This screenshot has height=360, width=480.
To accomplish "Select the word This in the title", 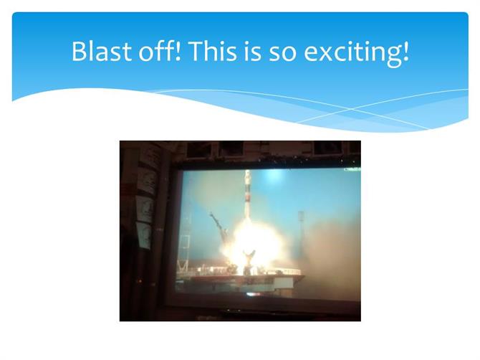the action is (213, 51).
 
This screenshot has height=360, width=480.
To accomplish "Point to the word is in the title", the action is (253, 51).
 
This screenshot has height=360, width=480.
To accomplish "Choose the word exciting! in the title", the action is (356, 53).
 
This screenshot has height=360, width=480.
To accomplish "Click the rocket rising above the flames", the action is (248, 196).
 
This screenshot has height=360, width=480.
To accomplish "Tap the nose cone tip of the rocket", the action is (248, 171).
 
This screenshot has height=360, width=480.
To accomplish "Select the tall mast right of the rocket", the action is (301, 236).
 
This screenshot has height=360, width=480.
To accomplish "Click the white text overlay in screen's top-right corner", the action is (352, 169).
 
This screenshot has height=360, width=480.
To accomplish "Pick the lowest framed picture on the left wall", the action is (143, 235).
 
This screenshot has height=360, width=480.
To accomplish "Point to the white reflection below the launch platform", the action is (253, 295).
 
